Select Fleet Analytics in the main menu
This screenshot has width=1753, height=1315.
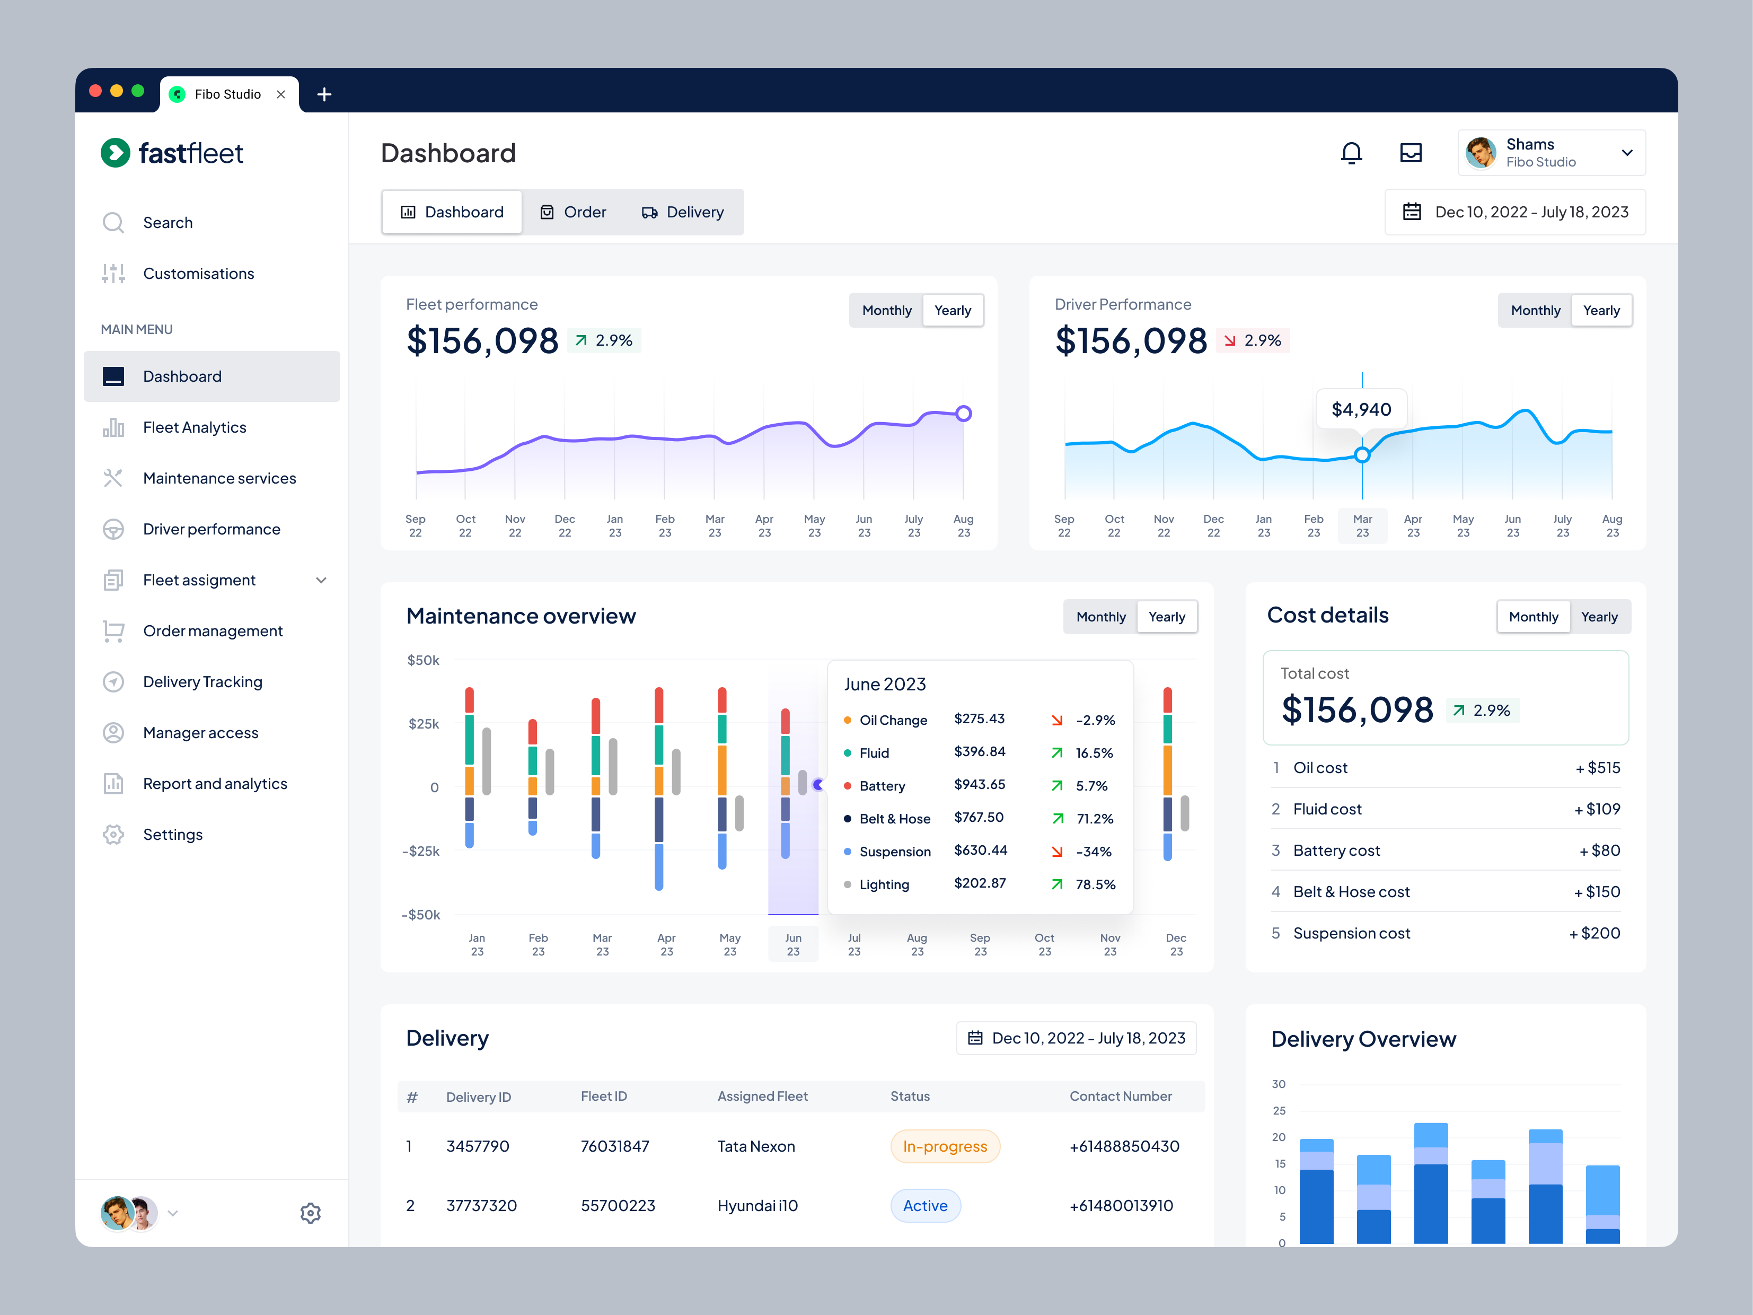click(x=194, y=427)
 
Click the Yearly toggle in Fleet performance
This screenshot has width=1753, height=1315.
click(x=952, y=310)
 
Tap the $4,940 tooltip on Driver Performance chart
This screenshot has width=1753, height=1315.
click(x=1361, y=409)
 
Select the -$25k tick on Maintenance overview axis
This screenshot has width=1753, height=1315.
click(x=421, y=851)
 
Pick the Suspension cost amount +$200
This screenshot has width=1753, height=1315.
click(x=1595, y=933)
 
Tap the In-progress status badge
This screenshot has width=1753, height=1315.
click(x=945, y=1146)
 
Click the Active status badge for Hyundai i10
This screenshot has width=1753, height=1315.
click(x=925, y=1206)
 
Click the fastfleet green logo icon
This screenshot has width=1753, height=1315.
click(x=116, y=153)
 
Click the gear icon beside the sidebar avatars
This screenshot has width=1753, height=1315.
click(x=310, y=1213)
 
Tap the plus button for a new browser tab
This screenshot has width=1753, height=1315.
click(x=323, y=94)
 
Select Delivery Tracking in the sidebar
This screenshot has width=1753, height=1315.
click(x=202, y=682)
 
